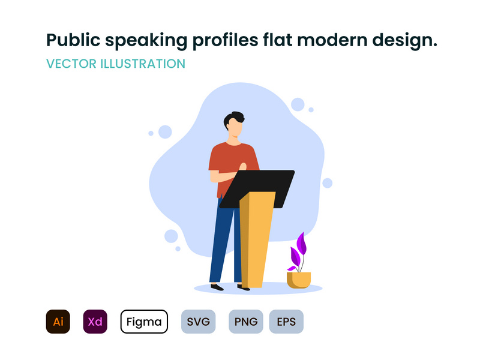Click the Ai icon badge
[x=58, y=322]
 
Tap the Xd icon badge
[x=95, y=322]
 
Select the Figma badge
[x=143, y=322]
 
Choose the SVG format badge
[x=198, y=322]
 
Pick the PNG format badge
[x=246, y=322]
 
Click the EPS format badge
[x=286, y=322]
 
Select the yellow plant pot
[x=299, y=280]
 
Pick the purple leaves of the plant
[x=299, y=249]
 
